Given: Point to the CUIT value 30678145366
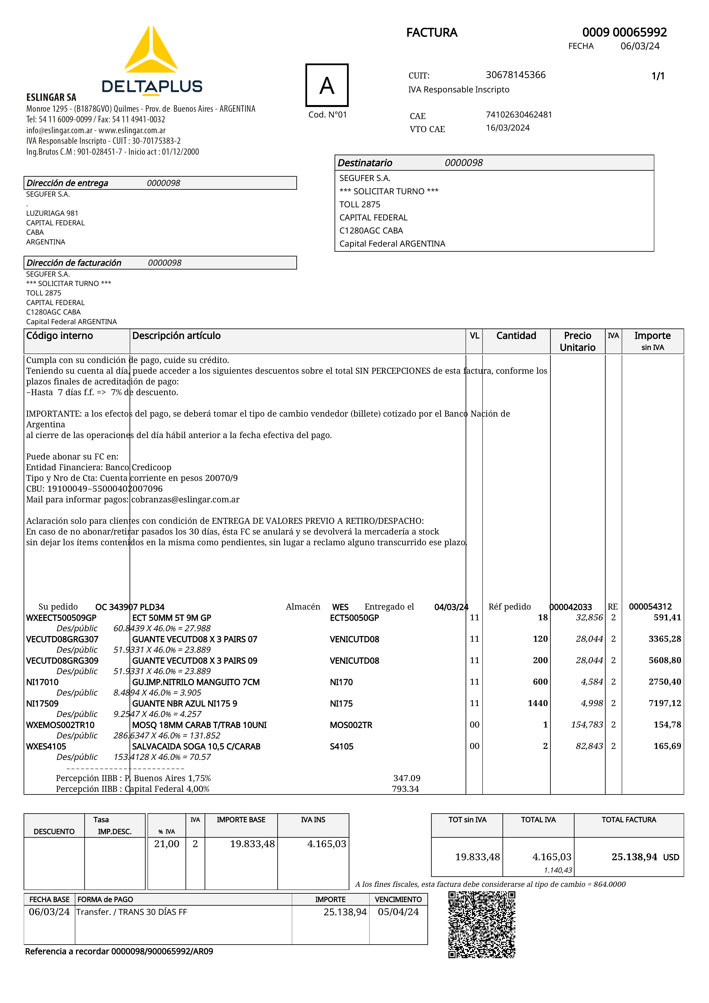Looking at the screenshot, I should click(x=516, y=75).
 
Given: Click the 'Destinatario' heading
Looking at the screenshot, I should click(x=365, y=163).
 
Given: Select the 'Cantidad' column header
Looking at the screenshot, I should click(x=516, y=336).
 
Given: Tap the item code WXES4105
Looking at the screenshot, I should click(x=46, y=747).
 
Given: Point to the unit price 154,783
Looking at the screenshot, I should click(x=587, y=725).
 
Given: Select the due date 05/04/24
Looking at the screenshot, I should click(x=398, y=912).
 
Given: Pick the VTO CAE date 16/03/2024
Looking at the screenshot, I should click(x=508, y=128).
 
